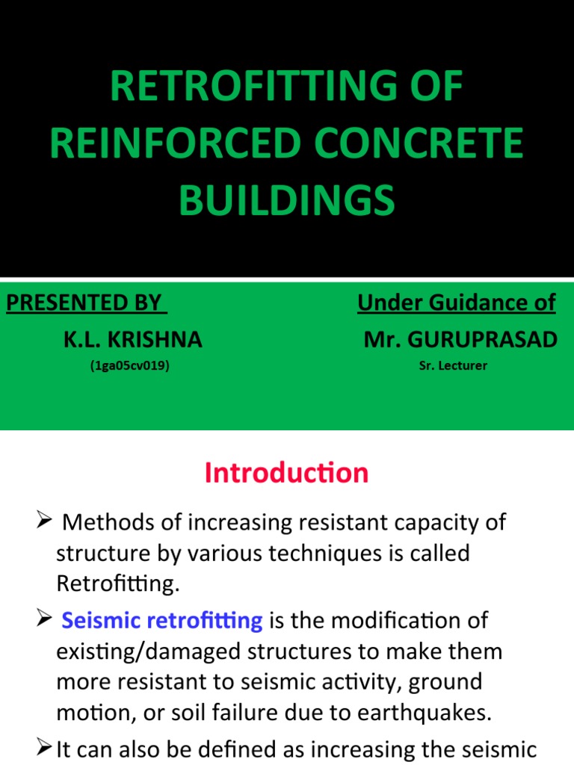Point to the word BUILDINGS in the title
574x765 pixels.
pos(286,200)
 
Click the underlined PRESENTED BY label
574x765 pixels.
pos(84,303)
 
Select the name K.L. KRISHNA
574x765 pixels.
pos(132,340)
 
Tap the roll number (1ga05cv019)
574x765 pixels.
pos(133,367)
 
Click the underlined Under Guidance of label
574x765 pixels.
pos(456,303)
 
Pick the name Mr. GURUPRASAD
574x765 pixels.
pos(460,340)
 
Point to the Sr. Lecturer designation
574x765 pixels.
pos(454,367)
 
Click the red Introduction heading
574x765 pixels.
pos(287,473)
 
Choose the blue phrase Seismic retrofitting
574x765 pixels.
pos(161,620)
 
